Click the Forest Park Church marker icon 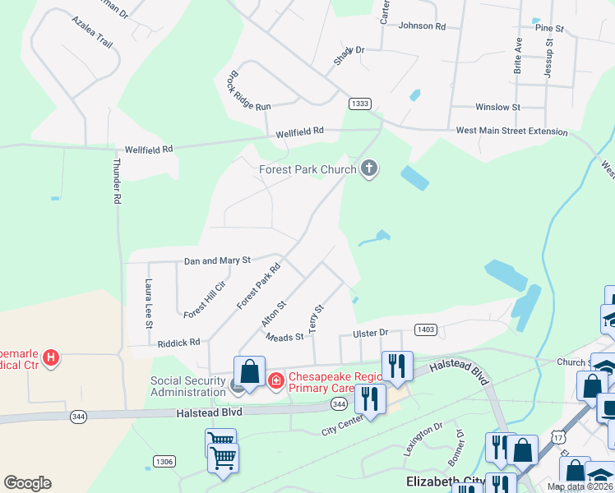tap(369, 169)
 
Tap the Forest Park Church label tap(307, 170)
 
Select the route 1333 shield tap(359, 104)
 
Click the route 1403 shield tap(425, 329)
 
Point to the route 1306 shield tap(164, 462)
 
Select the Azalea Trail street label tap(91, 31)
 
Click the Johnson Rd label tap(421, 26)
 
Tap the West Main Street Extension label tap(511, 131)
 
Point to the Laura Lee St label tap(149, 303)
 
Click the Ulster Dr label tap(370, 333)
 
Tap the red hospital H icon tap(51, 358)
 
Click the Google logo tap(27, 483)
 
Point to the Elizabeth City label tap(443, 481)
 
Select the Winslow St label tap(497, 108)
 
